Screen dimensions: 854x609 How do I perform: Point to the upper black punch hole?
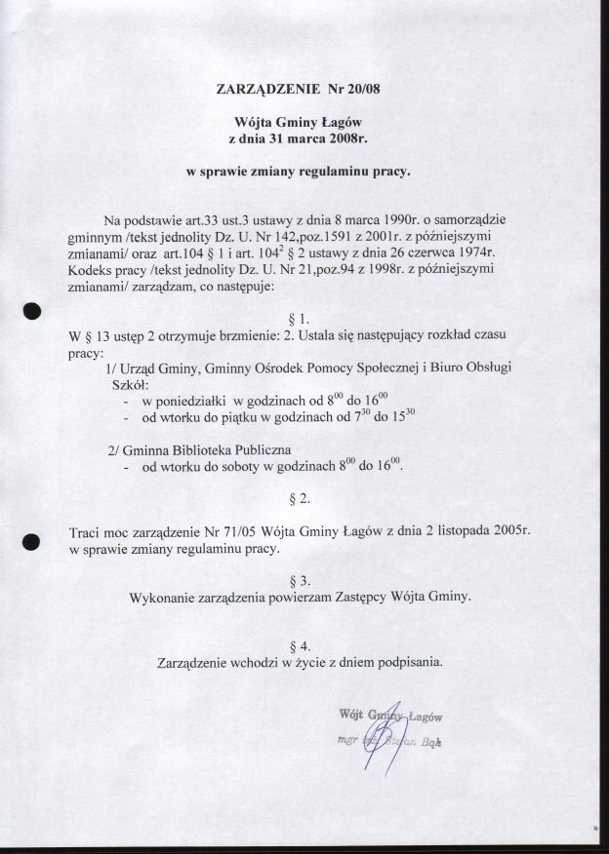pyautogui.click(x=32, y=310)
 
